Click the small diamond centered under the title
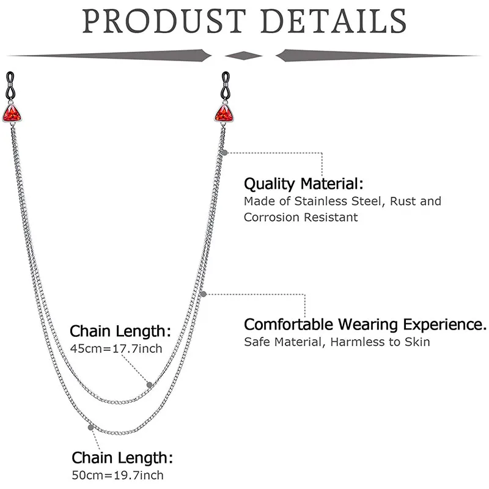click(x=244, y=56)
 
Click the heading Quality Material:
click(x=303, y=183)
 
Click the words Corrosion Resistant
click(x=301, y=217)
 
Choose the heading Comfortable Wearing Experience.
click(x=365, y=324)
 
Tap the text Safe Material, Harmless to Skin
click(x=337, y=342)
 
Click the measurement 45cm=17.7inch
click(x=117, y=349)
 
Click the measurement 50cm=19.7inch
click(x=119, y=475)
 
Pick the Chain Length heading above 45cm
click(x=120, y=331)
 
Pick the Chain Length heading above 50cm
click(x=122, y=457)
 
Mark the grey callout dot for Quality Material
click(x=226, y=151)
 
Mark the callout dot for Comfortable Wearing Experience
click(x=204, y=294)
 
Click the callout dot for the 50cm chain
click(x=91, y=427)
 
